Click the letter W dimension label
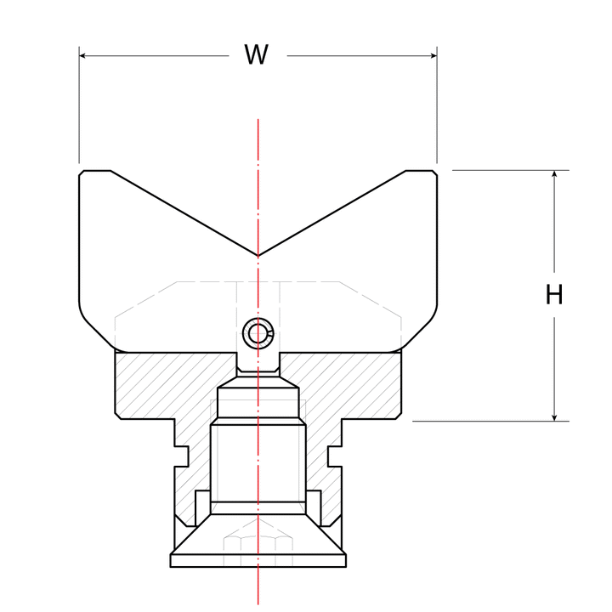click(256, 54)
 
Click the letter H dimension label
click(554, 294)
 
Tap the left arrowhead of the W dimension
click(82, 56)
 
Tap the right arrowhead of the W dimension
click(433, 56)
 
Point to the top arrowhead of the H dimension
click(554, 174)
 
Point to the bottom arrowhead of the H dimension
click(554, 417)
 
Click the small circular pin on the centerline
click(258, 333)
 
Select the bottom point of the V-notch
click(258, 256)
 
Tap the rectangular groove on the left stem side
click(182, 456)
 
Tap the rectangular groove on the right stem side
click(335, 456)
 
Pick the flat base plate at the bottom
click(258, 561)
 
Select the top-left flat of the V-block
click(97, 171)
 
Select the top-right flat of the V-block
click(419, 171)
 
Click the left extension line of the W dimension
click(79, 105)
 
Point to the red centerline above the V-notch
click(258, 187)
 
